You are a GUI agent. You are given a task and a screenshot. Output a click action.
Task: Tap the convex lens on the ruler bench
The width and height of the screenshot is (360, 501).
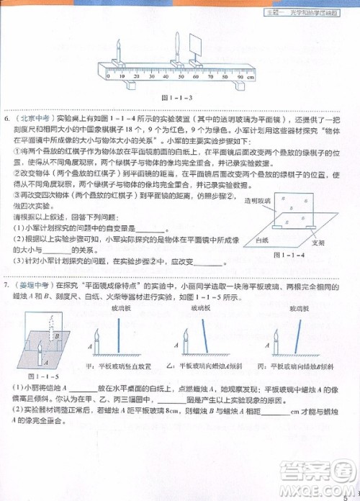tap(176, 48)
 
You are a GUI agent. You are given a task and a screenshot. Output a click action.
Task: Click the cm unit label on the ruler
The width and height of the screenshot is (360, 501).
tap(250, 76)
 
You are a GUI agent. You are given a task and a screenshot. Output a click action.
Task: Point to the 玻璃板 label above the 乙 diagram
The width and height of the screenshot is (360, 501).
tap(203, 308)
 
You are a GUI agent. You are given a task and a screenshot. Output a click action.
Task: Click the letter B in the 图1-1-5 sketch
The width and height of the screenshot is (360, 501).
tap(56, 335)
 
